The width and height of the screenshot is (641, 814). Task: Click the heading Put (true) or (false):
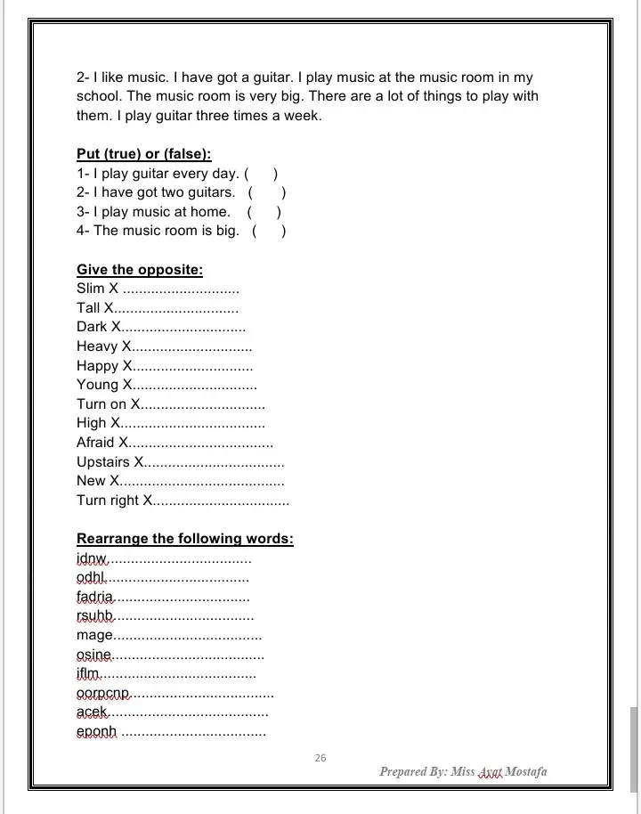(x=144, y=153)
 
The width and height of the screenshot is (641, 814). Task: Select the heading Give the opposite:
(x=140, y=269)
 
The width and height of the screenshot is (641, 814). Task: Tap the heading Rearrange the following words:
(x=185, y=539)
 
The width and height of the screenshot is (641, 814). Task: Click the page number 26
(x=320, y=758)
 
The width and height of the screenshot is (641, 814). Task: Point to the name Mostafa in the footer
(x=526, y=771)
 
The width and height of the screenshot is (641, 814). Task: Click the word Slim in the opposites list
(x=91, y=289)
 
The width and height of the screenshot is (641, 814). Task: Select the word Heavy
(x=97, y=346)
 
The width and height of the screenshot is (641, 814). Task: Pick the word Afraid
(x=96, y=443)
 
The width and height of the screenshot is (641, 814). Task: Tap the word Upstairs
(x=104, y=461)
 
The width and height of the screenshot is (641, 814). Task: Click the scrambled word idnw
(x=92, y=559)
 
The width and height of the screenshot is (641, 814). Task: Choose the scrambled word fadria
(x=95, y=597)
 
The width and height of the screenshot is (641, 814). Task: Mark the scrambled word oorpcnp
(x=103, y=693)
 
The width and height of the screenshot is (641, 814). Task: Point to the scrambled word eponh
(x=96, y=732)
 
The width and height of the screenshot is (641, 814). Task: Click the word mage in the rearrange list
(x=94, y=635)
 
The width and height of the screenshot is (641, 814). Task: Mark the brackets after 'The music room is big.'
(x=269, y=232)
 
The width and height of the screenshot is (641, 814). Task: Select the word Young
(x=98, y=385)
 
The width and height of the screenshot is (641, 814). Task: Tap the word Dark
(x=92, y=327)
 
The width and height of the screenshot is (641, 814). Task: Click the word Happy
(x=98, y=366)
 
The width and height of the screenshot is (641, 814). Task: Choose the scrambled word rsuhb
(x=95, y=616)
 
